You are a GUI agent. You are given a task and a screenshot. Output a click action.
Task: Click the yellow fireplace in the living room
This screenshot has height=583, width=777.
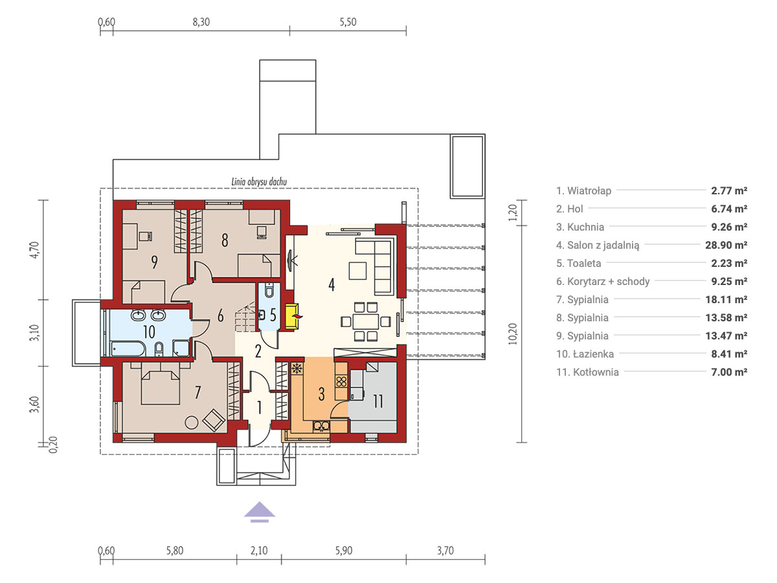pyautogui.click(x=292, y=316)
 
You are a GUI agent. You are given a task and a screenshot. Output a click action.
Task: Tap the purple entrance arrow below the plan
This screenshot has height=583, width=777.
pyautogui.click(x=260, y=512)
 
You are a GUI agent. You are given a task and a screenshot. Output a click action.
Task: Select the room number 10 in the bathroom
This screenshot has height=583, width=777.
pyautogui.click(x=149, y=332)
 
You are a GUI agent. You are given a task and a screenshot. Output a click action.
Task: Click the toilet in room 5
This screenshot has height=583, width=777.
pyautogui.click(x=269, y=291)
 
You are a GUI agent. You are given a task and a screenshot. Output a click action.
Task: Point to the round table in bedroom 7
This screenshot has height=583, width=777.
pyautogui.click(x=192, y=422)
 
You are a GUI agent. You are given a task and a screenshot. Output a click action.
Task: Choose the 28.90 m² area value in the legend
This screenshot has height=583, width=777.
pyautogui.click(x=726, y=245)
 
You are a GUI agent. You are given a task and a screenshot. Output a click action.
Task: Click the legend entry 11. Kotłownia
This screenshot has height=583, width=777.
pyautogui.click(x=587, y=372)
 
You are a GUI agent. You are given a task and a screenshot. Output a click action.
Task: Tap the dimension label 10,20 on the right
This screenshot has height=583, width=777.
pyautogui.click(x=513, y=334)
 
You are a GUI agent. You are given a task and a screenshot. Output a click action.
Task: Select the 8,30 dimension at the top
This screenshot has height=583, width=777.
pyautogui.click(x=201, y=22)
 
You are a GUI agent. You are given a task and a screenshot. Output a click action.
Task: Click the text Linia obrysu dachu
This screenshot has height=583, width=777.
pyautogui.click(x=259, y=182)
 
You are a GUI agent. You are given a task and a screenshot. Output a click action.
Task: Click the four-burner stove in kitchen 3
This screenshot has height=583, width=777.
pyautogui.click(x=341, y=382)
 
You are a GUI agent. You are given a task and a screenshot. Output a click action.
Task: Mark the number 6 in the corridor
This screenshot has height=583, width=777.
pyautogui.click(x=220, y=315)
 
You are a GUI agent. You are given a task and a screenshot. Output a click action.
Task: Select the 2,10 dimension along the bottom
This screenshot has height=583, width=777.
pyautogui.click(x=259, y=551)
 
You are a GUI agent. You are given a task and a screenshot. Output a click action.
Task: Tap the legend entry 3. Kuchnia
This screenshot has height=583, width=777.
pyautogui.click(x=580, y=227)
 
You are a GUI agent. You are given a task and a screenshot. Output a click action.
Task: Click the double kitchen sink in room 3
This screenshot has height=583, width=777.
pyautogui.click(x=321, y=426)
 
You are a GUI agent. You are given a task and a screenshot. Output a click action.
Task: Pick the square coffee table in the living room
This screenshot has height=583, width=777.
pyautogui.click(x=357, y=271)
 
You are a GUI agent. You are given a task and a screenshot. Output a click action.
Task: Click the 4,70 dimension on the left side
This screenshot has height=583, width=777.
pyautogui.click(x=34, y=250)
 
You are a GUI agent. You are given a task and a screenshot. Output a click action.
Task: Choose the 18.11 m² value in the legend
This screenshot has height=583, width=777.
pyautogui.click(x=726, y=299)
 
